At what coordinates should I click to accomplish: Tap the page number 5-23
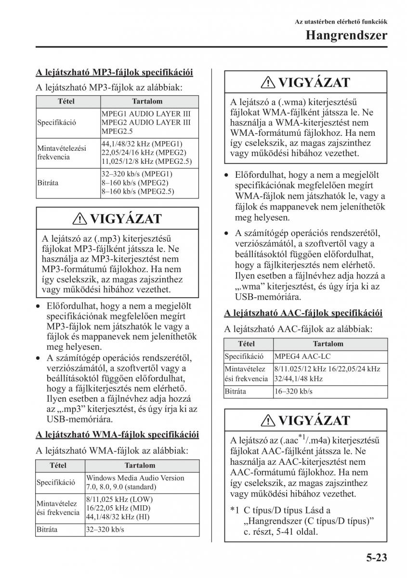click(x=373, y=558)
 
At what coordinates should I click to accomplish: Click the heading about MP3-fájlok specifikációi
click(x=114, y=73)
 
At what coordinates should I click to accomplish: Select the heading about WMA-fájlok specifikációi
click(x=117, y=434)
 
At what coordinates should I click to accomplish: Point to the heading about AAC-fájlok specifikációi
click(x=303, y=313)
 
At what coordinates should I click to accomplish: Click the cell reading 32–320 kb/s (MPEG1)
click(x=137, y=174)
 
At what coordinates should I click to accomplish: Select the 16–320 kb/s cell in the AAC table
click(x=293, y=391)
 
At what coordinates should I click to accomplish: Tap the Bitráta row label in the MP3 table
click(x=47, y=183)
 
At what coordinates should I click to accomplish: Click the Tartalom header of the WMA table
click(x=140, y=466)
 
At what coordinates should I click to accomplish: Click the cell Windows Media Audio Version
click(x=135, y=478)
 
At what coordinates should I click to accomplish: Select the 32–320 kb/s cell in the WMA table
click(x=105, y=529)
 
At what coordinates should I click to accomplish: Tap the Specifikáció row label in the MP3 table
click(x=56, y=122)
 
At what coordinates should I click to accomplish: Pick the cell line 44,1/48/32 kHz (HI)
click(x=118, y=517)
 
